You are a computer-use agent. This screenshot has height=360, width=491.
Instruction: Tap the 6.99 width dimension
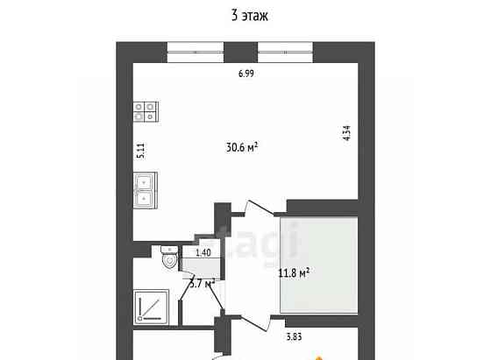[246, 74]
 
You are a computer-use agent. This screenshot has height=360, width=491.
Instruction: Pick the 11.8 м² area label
[293, 273]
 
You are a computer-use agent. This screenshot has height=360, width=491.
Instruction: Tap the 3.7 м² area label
[203, 282]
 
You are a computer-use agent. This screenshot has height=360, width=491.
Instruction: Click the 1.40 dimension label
[203, 252]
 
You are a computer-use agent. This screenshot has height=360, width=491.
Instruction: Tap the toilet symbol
[168, 259]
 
